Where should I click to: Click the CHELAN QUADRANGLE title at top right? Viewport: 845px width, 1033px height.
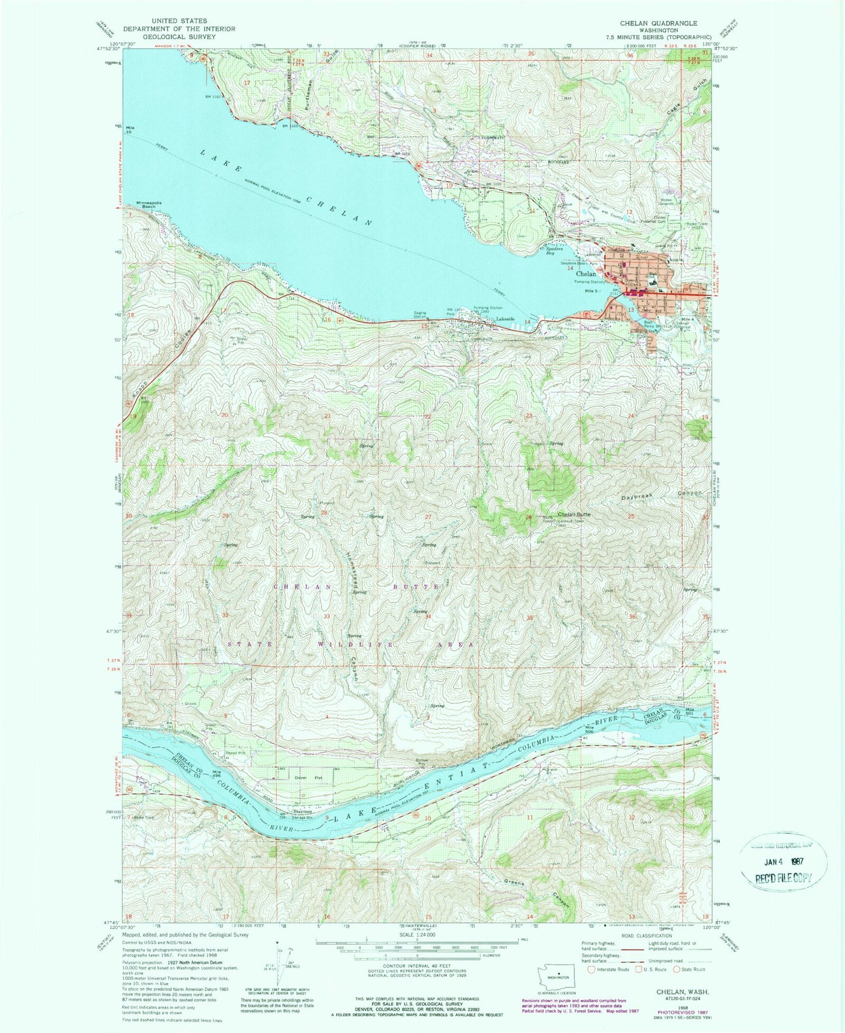(651, 23)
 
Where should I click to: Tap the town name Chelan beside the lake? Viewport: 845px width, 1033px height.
(587, 274)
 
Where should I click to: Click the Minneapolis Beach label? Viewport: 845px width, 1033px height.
(149, 206)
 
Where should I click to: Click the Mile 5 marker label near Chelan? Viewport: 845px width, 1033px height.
(593, 291)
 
